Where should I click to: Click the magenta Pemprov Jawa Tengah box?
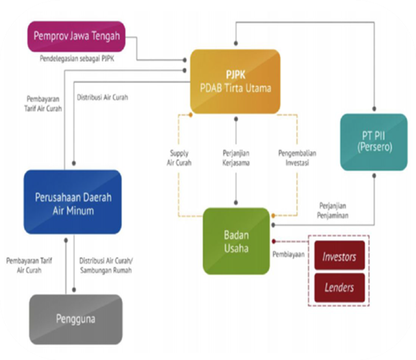pos(76,36)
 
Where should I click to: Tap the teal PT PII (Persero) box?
pos(374,142)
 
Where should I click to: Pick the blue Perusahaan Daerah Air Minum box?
pos(73,202)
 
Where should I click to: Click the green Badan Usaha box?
pos(236,241)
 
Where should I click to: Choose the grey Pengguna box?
pos(75,319)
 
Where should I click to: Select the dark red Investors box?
pos(339,256)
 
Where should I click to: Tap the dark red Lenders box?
pos(339,287)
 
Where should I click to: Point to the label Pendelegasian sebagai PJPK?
pos(77,59)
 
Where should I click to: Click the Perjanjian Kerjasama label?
pos(236,158)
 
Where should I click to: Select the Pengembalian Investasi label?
pos(297,158)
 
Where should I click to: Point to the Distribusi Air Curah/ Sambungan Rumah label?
pos(106,265)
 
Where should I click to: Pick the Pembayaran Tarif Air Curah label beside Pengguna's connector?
pos(30,265)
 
